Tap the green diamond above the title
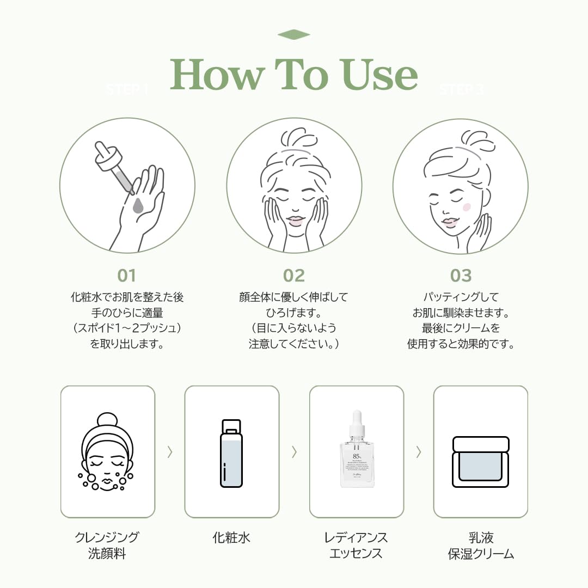click(293, 35)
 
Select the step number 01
click(126, 275)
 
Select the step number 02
click(294, 275)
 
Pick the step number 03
click(461, 275)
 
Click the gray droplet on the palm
click(138, 205)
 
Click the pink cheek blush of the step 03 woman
click(466, 207)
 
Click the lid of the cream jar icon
click(481, 444)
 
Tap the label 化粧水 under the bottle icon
click(231, 538)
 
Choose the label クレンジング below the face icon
click(107, 538)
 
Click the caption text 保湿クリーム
click(481, 554)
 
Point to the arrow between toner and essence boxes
click(294, 451)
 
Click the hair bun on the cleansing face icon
click(107, 419)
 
